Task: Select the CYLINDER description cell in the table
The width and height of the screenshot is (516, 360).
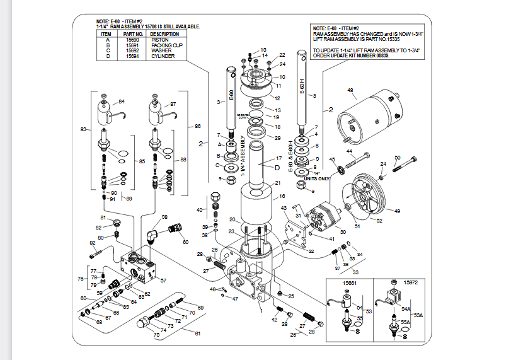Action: coord(163,56)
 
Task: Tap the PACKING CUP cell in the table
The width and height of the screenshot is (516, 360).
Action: coord(166,45)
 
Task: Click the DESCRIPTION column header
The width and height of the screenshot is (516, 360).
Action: coord(165,34)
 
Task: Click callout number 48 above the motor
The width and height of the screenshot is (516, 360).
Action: coord(350,91)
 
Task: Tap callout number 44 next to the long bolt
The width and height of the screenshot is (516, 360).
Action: coord(348,151)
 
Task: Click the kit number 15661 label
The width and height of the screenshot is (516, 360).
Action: coord(350,283)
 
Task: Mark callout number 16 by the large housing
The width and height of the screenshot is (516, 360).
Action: coord(282,196)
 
